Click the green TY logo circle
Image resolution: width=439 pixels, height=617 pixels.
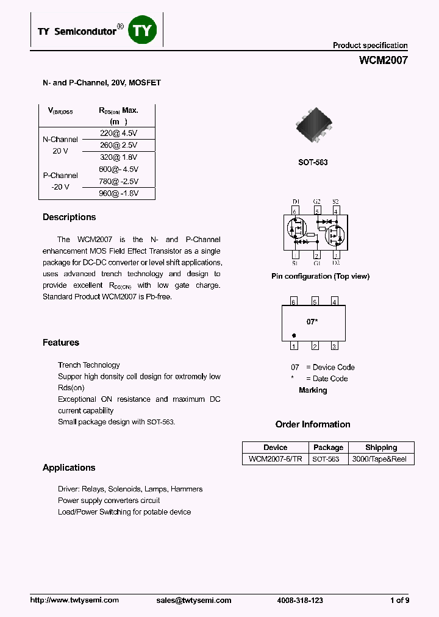coord(143,29)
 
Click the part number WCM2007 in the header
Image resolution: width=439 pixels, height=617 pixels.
coord(383,60)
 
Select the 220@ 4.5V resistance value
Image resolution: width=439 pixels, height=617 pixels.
coord(119,133)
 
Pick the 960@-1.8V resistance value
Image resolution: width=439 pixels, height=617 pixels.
coord(119,193)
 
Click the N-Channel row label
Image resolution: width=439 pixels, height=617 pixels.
coord(60,139)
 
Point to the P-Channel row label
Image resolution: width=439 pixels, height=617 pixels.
coord(60,176)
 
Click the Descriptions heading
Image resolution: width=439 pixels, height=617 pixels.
coord(69,217)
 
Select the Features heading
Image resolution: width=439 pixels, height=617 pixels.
coord(61,343)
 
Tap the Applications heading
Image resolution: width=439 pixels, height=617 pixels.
coord(69,468)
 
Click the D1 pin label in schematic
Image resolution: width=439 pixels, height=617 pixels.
coord(295,201)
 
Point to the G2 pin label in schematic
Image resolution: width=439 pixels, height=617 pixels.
coord(316,201)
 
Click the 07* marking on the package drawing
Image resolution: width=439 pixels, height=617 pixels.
coord(312,321)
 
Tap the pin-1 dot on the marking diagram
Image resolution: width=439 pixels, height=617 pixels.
coord(294,335)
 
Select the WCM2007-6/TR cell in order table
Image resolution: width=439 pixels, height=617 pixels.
coord(275,459)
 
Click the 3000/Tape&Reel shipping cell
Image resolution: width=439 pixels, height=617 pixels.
coord(380,459)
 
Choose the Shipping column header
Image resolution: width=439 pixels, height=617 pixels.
coord(380,448)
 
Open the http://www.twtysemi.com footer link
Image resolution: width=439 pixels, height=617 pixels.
coord(74,600)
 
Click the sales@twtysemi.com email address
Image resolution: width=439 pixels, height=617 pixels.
coord(194,600)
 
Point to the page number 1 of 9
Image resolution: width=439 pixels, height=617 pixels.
coord(399,600)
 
